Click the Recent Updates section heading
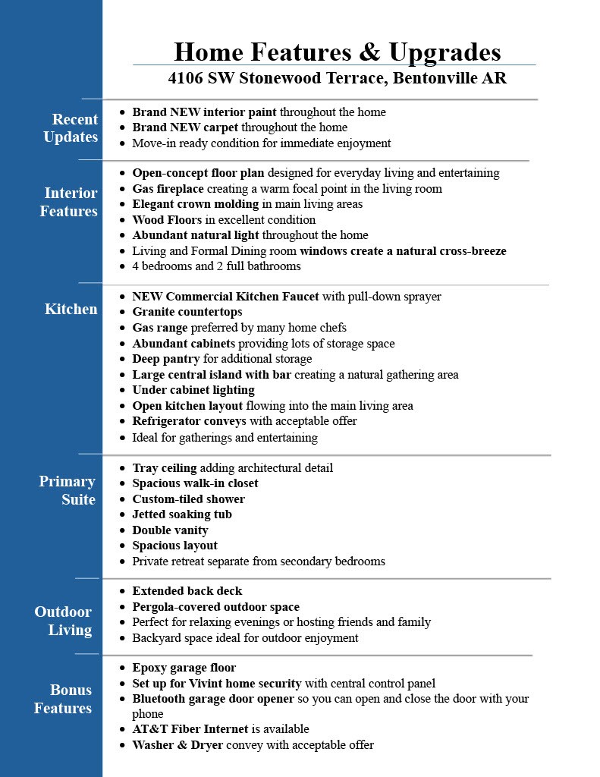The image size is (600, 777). pyautogui.click(x=71, y=128)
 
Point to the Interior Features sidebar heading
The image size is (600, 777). pyautogui.click(x=69, y=202)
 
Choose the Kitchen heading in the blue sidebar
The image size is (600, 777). pyautogui.click(x=71, y=309)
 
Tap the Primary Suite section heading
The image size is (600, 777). pyautogui.click(x=68, y=490)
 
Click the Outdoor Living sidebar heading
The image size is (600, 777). pyautogui.click(x=63, y=621)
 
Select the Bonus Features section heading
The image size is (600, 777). pyautogui.click(x=63, y=699)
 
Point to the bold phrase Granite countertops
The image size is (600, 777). pyautogui.click(x=187, y=312)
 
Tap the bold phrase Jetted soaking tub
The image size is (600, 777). pyautogui.click(x=182, y=514)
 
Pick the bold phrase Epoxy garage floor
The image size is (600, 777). pyautogui.click(x=184, y=668)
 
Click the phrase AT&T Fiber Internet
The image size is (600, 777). pyautogui.click(x=190, y=729)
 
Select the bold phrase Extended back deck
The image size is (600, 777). pyautogui.click(x=187, y=591)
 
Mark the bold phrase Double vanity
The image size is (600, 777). pyautogui.click(x=170, y=530)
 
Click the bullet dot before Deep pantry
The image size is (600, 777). pyautogui.click(x=123, y=359)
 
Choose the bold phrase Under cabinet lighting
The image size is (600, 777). pyautogui.click(x=193, y=390)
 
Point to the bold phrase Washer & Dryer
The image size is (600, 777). pyautogui.click(x=177, y=745)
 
